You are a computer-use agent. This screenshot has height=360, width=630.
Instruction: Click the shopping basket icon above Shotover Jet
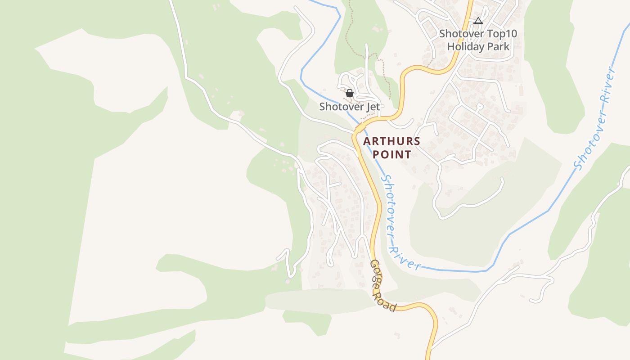click(350, 93)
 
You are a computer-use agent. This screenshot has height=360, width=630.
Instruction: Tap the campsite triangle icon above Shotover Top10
click(478, 21)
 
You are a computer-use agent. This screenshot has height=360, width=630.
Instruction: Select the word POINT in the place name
click(392, 154)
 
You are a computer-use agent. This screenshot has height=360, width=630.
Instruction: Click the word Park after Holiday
click(499, 46)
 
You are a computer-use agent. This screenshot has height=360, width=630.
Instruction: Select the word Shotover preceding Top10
click(462, 34)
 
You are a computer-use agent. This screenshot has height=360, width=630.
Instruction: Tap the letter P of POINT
click(376, 154)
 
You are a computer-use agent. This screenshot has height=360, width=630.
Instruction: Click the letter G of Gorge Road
click(373, 265)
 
